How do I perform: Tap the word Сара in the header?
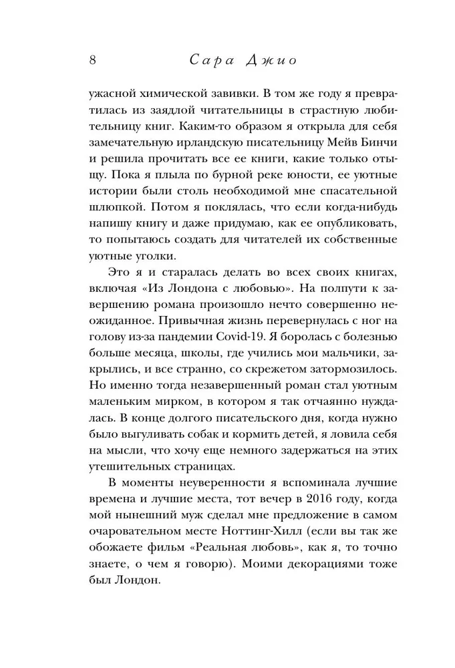point(204,60)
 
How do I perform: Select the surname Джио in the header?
point(270,60)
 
